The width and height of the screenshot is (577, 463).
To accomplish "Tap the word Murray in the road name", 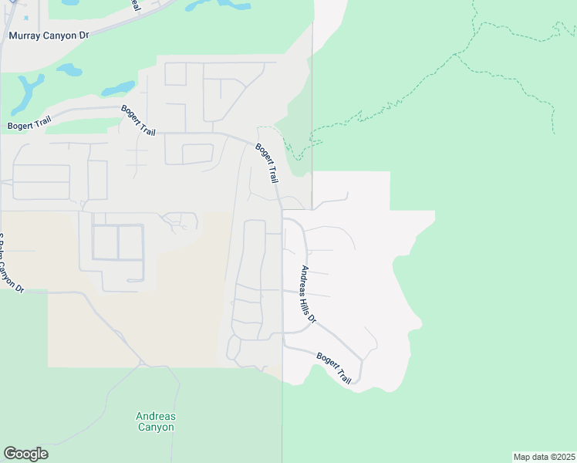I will click(x=23, y=35).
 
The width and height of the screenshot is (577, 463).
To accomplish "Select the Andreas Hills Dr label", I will click(x=309, y=294).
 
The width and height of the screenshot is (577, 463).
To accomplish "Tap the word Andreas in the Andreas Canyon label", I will click(x=156, y=417).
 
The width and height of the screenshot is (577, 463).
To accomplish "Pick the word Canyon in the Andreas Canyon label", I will click(x=156, y=427).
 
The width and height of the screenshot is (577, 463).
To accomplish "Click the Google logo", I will click(x=25, y=454).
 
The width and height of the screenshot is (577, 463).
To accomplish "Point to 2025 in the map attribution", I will click(x=565, y=456).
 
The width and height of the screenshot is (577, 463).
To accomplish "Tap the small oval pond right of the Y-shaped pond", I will click(x=69, y=70).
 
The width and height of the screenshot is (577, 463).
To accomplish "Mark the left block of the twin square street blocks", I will click(x=105, y=242).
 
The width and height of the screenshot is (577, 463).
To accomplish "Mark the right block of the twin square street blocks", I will click(x=130, y=242).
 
